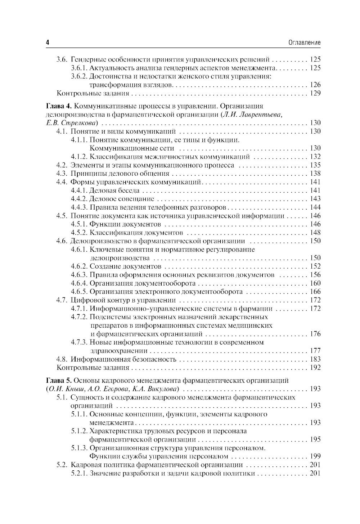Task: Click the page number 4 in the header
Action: [47, 42]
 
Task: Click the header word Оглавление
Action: [305, 42]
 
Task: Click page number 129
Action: [315, 93]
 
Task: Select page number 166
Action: [315, 292]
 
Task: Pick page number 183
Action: [315, 359]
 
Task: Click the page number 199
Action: [315, 456]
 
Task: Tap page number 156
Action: [315, 275]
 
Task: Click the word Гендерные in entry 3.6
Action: [86, 59]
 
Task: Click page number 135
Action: [315, 165]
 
